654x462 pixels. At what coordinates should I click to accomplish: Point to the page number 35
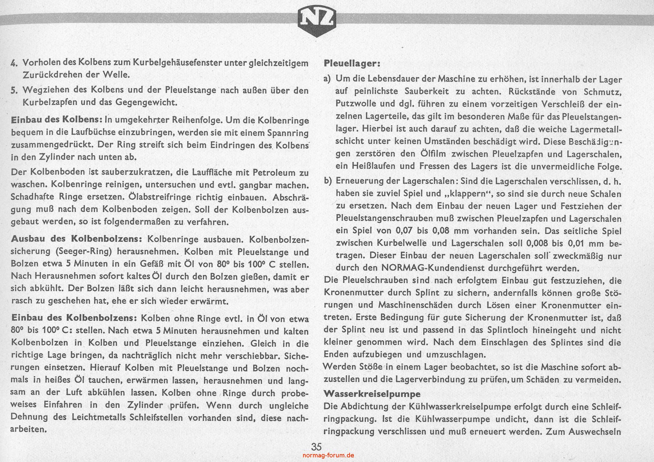[x=316, y=447]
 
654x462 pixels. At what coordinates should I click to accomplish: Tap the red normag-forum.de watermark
[x=328, y=455]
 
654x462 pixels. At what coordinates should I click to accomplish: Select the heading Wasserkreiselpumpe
[x=372, y=394]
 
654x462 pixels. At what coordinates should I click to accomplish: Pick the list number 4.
[x=14, y=63]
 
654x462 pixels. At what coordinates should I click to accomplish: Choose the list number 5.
[x=14, y=90]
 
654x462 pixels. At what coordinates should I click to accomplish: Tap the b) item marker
[x=327, y=181]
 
